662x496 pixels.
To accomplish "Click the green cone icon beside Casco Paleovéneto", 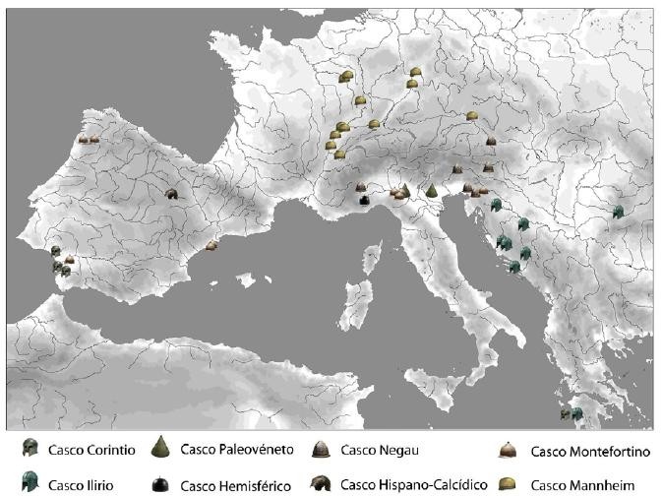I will coord(160,449).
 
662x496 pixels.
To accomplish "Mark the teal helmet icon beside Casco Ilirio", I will coord(30,482).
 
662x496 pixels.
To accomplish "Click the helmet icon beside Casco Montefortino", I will coord(507,451).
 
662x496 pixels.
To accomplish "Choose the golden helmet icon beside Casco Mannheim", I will coord(507,483).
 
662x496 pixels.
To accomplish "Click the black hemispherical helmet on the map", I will coord(364,200).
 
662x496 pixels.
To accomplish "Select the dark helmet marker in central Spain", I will coord(171,194).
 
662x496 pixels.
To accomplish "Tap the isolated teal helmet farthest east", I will coord(618,212).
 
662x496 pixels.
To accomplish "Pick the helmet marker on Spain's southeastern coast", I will coord(211,244).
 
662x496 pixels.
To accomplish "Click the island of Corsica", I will coord(372,258).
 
